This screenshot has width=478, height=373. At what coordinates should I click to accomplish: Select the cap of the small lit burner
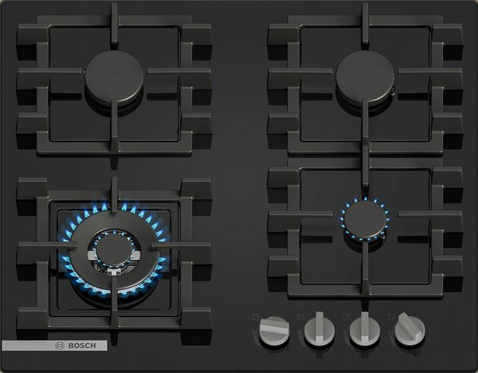[x=365, y=219]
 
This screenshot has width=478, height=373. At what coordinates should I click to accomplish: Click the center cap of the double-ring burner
[x=114, y=250]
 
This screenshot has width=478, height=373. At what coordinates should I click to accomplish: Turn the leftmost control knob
[x=274, y=331]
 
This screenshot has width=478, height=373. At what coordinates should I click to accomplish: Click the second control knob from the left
[x=319, y=330]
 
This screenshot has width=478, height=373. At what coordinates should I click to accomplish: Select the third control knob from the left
[x=365, y=330]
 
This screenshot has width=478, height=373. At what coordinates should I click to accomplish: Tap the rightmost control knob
[x=409, y=329]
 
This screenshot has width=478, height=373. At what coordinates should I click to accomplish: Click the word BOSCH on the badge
[x=82, y=346]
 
